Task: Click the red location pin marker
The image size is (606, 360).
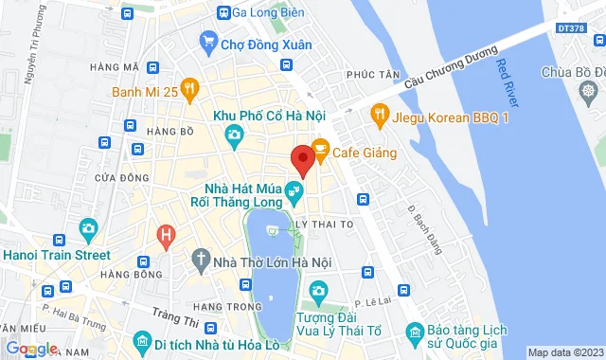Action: tap(303, 159)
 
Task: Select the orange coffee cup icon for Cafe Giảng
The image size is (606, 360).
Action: tap(320, 149)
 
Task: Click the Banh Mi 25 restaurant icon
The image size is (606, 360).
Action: tap(189, 91)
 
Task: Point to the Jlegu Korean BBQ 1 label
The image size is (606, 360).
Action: tap(440, 116)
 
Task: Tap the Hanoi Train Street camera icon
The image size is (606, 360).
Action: tap(88, 228)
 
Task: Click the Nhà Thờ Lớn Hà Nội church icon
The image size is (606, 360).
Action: tap(201, 258)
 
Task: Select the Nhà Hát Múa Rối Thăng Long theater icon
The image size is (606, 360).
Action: tap(295, 191)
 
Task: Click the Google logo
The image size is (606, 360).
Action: tap(32, 349)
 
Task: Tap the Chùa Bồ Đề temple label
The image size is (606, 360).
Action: tap(574, 72)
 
